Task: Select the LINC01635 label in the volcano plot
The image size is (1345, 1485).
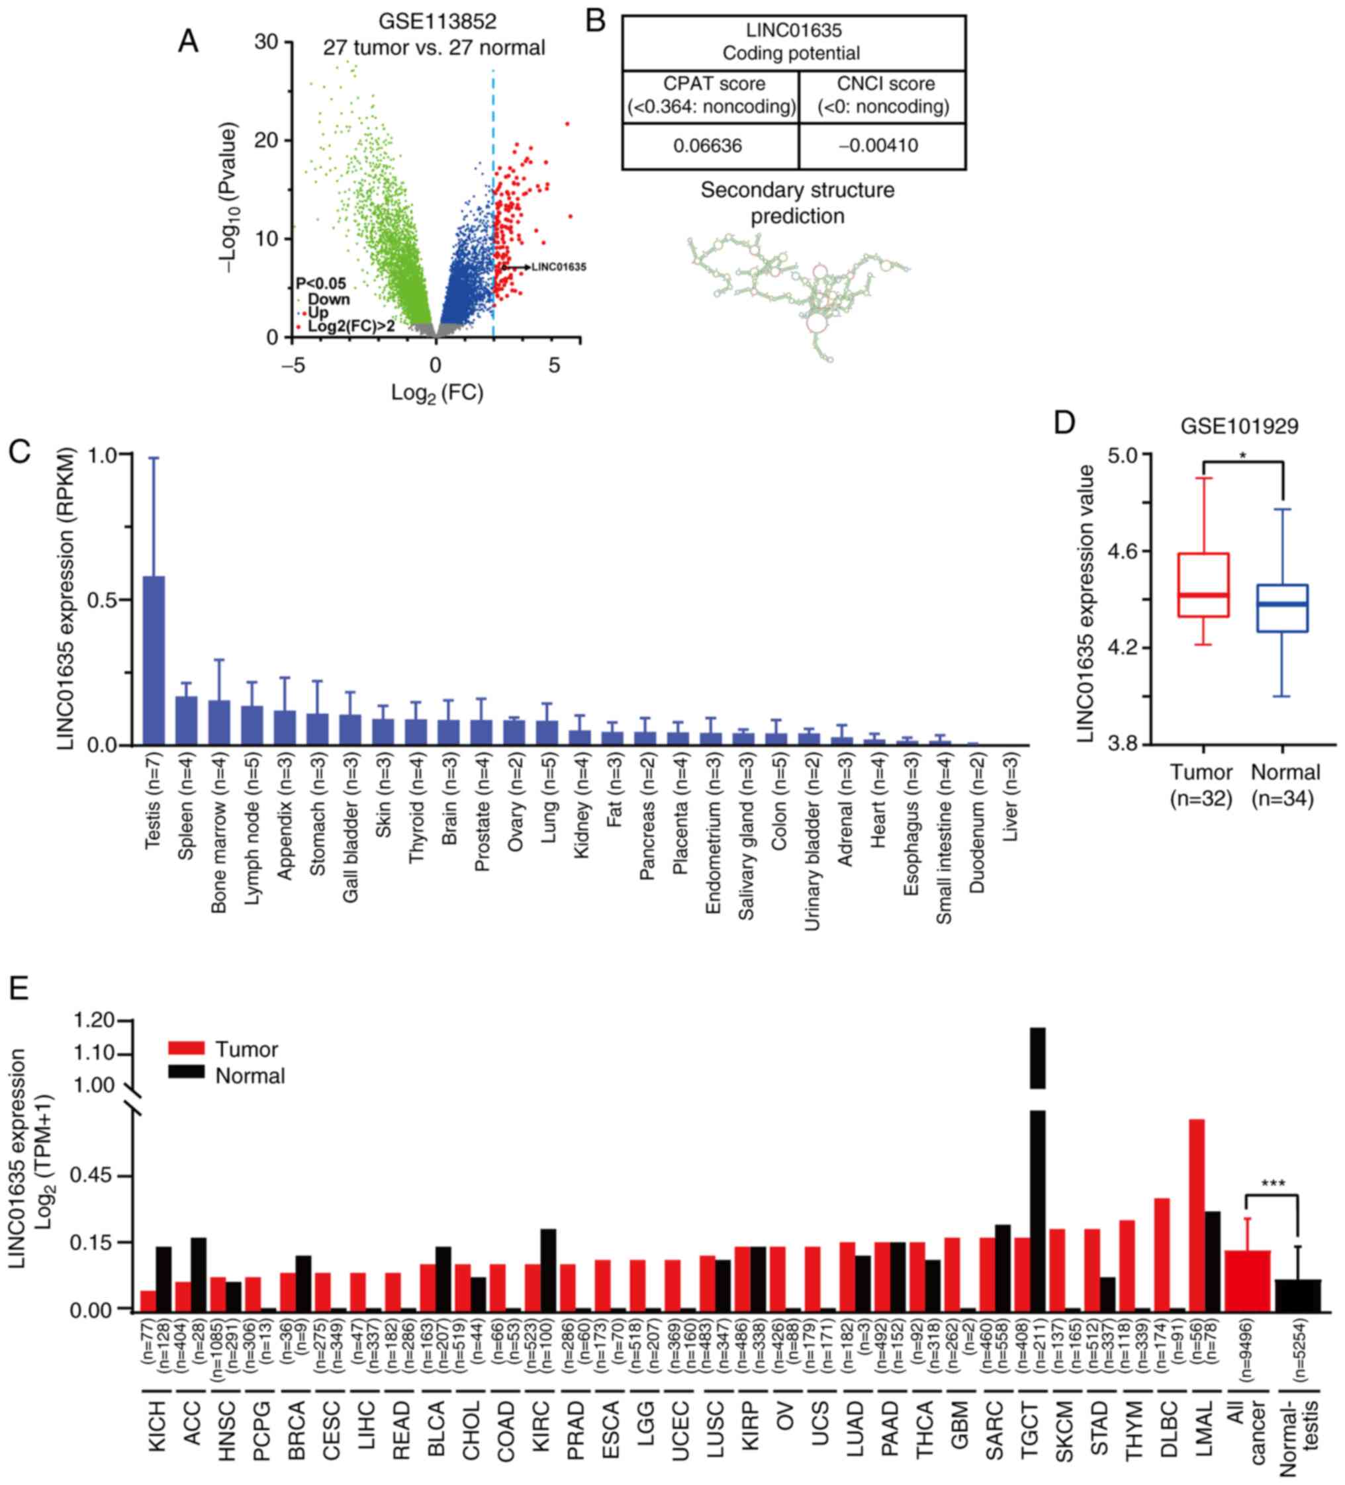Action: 559,267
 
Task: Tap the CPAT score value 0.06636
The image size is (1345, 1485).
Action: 707,146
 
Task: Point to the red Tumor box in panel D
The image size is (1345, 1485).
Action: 1203,584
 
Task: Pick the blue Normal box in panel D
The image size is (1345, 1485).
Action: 1282,607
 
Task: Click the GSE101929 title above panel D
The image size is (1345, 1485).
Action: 1239,426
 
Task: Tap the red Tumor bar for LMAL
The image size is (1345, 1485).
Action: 1197,1216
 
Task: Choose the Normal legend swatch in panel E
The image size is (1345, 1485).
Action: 185,1074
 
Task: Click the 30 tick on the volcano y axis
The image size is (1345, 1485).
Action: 267,42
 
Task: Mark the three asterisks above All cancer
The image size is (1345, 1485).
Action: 1273,1184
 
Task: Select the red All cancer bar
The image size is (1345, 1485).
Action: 1248,1281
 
